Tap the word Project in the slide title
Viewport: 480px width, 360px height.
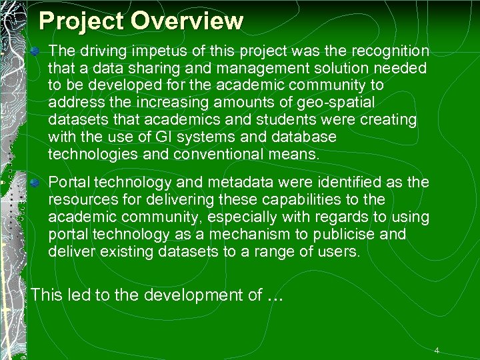pos(82,21)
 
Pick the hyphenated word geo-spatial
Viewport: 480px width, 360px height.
pos(337,103)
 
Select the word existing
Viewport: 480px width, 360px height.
pos(112,252)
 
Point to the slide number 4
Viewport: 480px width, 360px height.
pos(437,350)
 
